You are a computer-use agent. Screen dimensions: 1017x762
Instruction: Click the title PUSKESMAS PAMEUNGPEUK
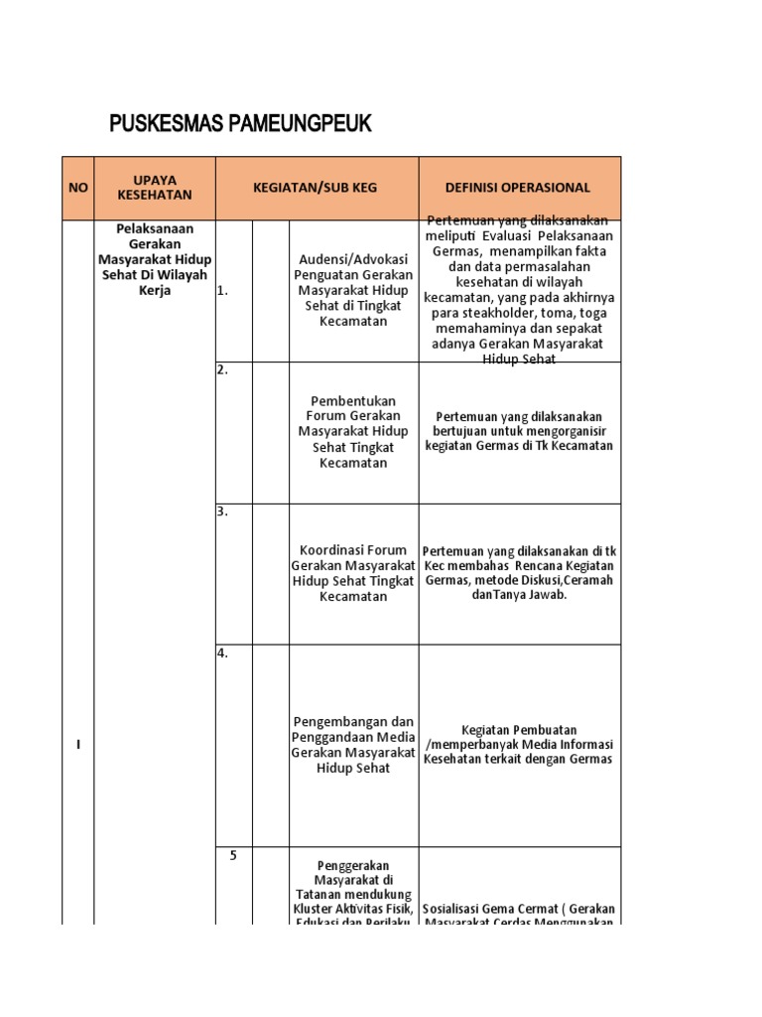pyautogui.click(x=240, y=124)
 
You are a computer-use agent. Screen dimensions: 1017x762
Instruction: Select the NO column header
pyautogui.click(x=78, y=188)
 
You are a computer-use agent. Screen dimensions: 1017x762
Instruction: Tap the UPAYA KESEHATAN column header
pyautogui.click(x=154, y=188)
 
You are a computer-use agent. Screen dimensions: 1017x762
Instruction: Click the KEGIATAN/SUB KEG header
pyautogui.click(x=317, y=188)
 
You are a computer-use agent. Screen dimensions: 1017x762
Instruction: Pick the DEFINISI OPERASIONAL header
pyautogui.click(x=519, y=188)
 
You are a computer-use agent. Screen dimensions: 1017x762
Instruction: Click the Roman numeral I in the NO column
pyautogui.click(x=78, y=746)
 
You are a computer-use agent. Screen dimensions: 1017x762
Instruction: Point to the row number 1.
pyautogui.click(x=222, y=292)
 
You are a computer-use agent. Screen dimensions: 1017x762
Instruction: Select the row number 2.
pyautogui.click(x=222, y=370)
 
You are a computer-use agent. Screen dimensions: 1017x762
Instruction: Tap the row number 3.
pyautogui.click(x=222, y=511)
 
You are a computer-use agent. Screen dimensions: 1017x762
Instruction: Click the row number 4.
pyautogui.click(x=222, y=654)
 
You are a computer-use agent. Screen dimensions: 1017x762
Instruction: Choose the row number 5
pyautogui.click(x=232, y=856)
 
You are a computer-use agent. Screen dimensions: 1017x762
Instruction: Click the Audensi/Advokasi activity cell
pyautogui.click(x=353, y=291)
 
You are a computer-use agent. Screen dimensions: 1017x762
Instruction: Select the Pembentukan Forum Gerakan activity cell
pyautogui.click(x=353, y=432)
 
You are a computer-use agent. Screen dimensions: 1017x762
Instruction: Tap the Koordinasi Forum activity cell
pyautogui.click(x=353, y=573)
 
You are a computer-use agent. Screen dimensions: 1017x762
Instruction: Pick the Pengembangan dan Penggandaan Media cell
pyautogui.click(x=353, y=744)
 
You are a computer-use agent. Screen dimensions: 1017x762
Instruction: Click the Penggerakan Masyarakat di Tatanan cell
pyautogui.click(x=353, y=890)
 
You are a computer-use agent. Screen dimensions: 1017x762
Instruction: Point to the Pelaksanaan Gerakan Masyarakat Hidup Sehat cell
pyautogui.click(x=154, y=258)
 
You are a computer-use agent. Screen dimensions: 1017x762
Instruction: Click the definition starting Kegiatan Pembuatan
pyautogui.click(x=519, y=744)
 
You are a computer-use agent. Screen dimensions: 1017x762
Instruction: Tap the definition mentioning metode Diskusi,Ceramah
pyautogui.click(x=519, y=573)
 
